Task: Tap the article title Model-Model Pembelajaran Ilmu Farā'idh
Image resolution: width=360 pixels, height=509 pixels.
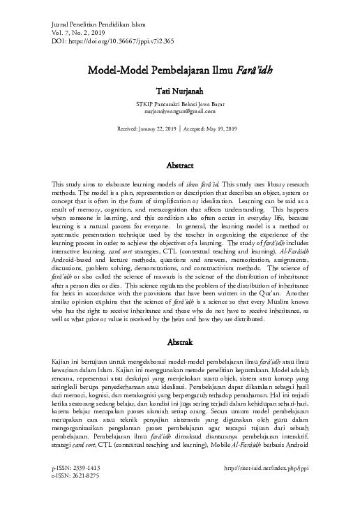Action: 179,71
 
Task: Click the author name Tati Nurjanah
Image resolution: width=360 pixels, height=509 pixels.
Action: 180,90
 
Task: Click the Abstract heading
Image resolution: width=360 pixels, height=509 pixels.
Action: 180,166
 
